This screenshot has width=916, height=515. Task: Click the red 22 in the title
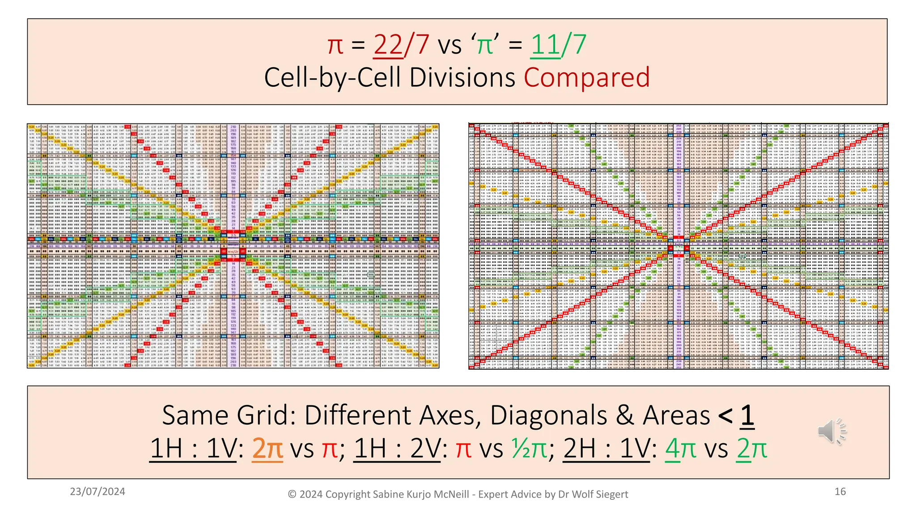[388, 45]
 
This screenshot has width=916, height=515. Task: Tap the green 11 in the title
[545, 45]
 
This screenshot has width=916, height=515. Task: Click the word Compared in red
[586, 77]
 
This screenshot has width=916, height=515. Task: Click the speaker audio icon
[831, 431]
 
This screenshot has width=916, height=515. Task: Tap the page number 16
[840, 492]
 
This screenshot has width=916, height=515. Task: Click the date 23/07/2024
[98, 492]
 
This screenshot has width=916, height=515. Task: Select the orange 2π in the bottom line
[267, 448]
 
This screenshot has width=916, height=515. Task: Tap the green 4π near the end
[680, 448]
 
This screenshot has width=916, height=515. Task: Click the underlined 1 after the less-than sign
[747, 415]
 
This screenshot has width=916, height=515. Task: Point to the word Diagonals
[549, 415]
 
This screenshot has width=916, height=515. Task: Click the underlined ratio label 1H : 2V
[397, 448]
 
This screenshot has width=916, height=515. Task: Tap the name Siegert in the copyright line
[611, 494]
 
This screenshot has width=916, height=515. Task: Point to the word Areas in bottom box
[676, 415]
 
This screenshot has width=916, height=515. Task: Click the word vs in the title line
[450, 45]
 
